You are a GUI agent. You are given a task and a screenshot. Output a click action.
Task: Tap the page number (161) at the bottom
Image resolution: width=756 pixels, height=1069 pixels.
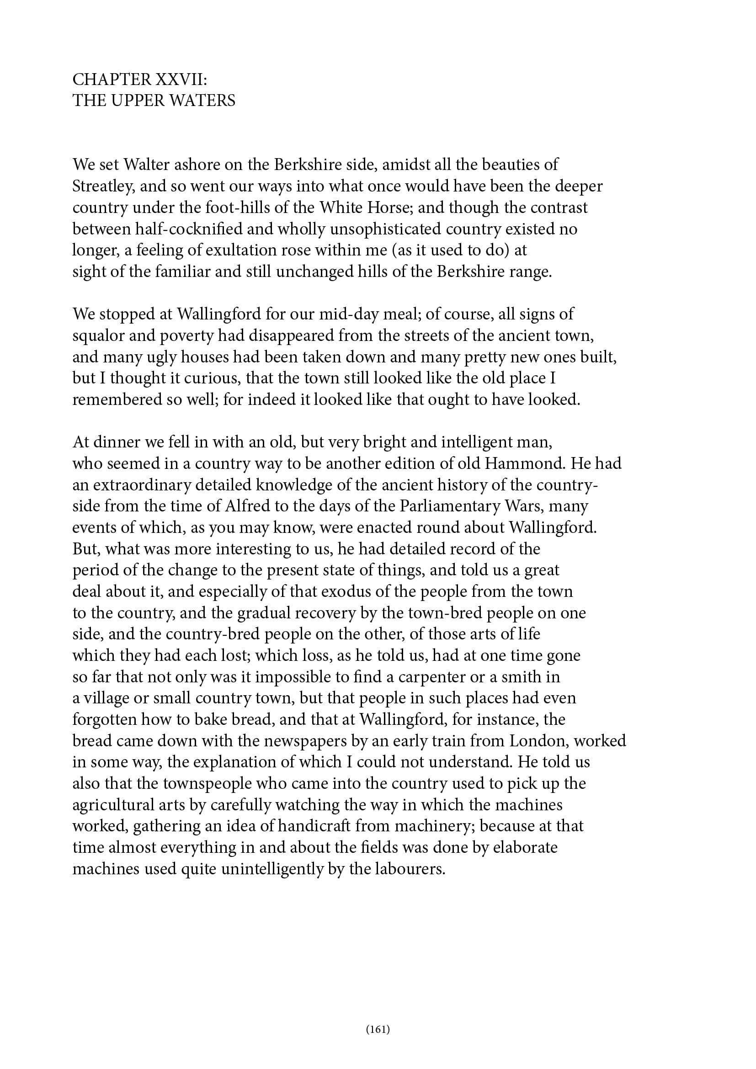(x=378, y=1028)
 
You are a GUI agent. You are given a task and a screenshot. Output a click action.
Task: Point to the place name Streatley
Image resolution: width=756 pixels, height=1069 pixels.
(x=103, y=186)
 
